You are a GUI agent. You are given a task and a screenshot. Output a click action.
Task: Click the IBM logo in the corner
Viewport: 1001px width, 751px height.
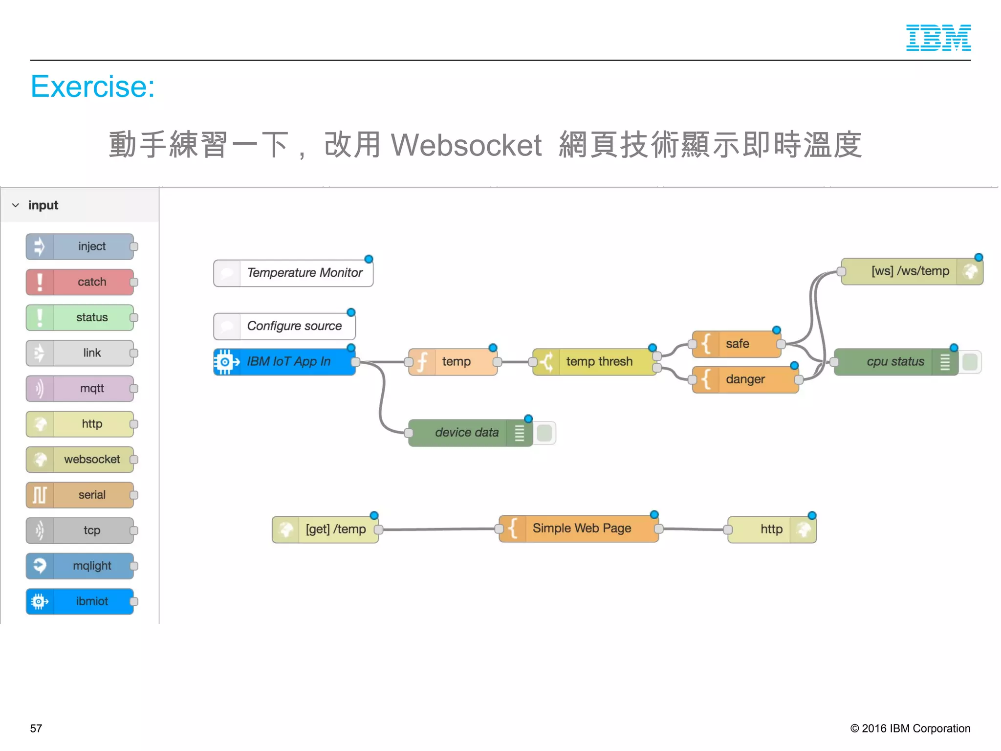pyautogui.click(x=938, y=38)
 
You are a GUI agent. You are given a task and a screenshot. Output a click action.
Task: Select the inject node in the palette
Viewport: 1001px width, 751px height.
pyautogui.click(x=80, y=246)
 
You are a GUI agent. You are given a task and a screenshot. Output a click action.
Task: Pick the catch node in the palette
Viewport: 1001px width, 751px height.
pyautogui.click(x=80, y=282)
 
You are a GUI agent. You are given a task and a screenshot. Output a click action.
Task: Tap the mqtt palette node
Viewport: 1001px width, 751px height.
pyautogui.click(x=80, y=389)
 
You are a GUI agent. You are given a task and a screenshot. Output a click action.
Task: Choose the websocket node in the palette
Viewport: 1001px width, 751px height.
pyautogui.click(x=80, y=460)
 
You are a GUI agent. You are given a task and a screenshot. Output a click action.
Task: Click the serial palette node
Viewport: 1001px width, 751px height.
pyautogui.click(x=80, y=495)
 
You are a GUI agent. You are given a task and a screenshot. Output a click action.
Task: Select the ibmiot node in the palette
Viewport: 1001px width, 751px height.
pyautogui.click(x=80, y=601)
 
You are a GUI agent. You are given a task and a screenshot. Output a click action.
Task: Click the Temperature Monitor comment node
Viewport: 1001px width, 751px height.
pyautogui.click(x=293, y=273)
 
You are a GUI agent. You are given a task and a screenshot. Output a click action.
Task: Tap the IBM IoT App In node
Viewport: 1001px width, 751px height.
pyautogui.click(x=284, y=362)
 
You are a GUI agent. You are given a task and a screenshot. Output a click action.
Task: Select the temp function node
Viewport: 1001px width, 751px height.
pyautogui.click(x=453, y=362)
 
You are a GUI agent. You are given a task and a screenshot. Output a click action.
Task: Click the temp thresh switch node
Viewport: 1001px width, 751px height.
pyautogui.click(x=594, y=362)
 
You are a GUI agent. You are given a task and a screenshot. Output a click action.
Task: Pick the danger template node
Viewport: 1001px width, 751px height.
pyautogui.click(x=745, y=379)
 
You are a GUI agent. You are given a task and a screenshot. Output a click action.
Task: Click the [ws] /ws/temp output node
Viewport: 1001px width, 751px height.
pyautogui.click(x=912, y=271)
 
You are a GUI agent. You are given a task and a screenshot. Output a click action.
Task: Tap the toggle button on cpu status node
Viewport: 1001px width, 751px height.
pyautogui.click(x=970, y=362)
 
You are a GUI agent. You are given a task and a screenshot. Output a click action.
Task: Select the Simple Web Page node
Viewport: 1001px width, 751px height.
pyautogui.click(x=579, y=529)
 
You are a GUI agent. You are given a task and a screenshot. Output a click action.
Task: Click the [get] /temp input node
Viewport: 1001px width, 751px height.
pyautogui.click(x=326, y=530)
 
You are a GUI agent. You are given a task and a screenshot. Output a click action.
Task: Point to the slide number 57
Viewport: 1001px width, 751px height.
pyautogui.click(x=36, y=729)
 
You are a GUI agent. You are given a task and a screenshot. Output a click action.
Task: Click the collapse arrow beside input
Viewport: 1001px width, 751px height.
pyautogui.click(x=16, y=205)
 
